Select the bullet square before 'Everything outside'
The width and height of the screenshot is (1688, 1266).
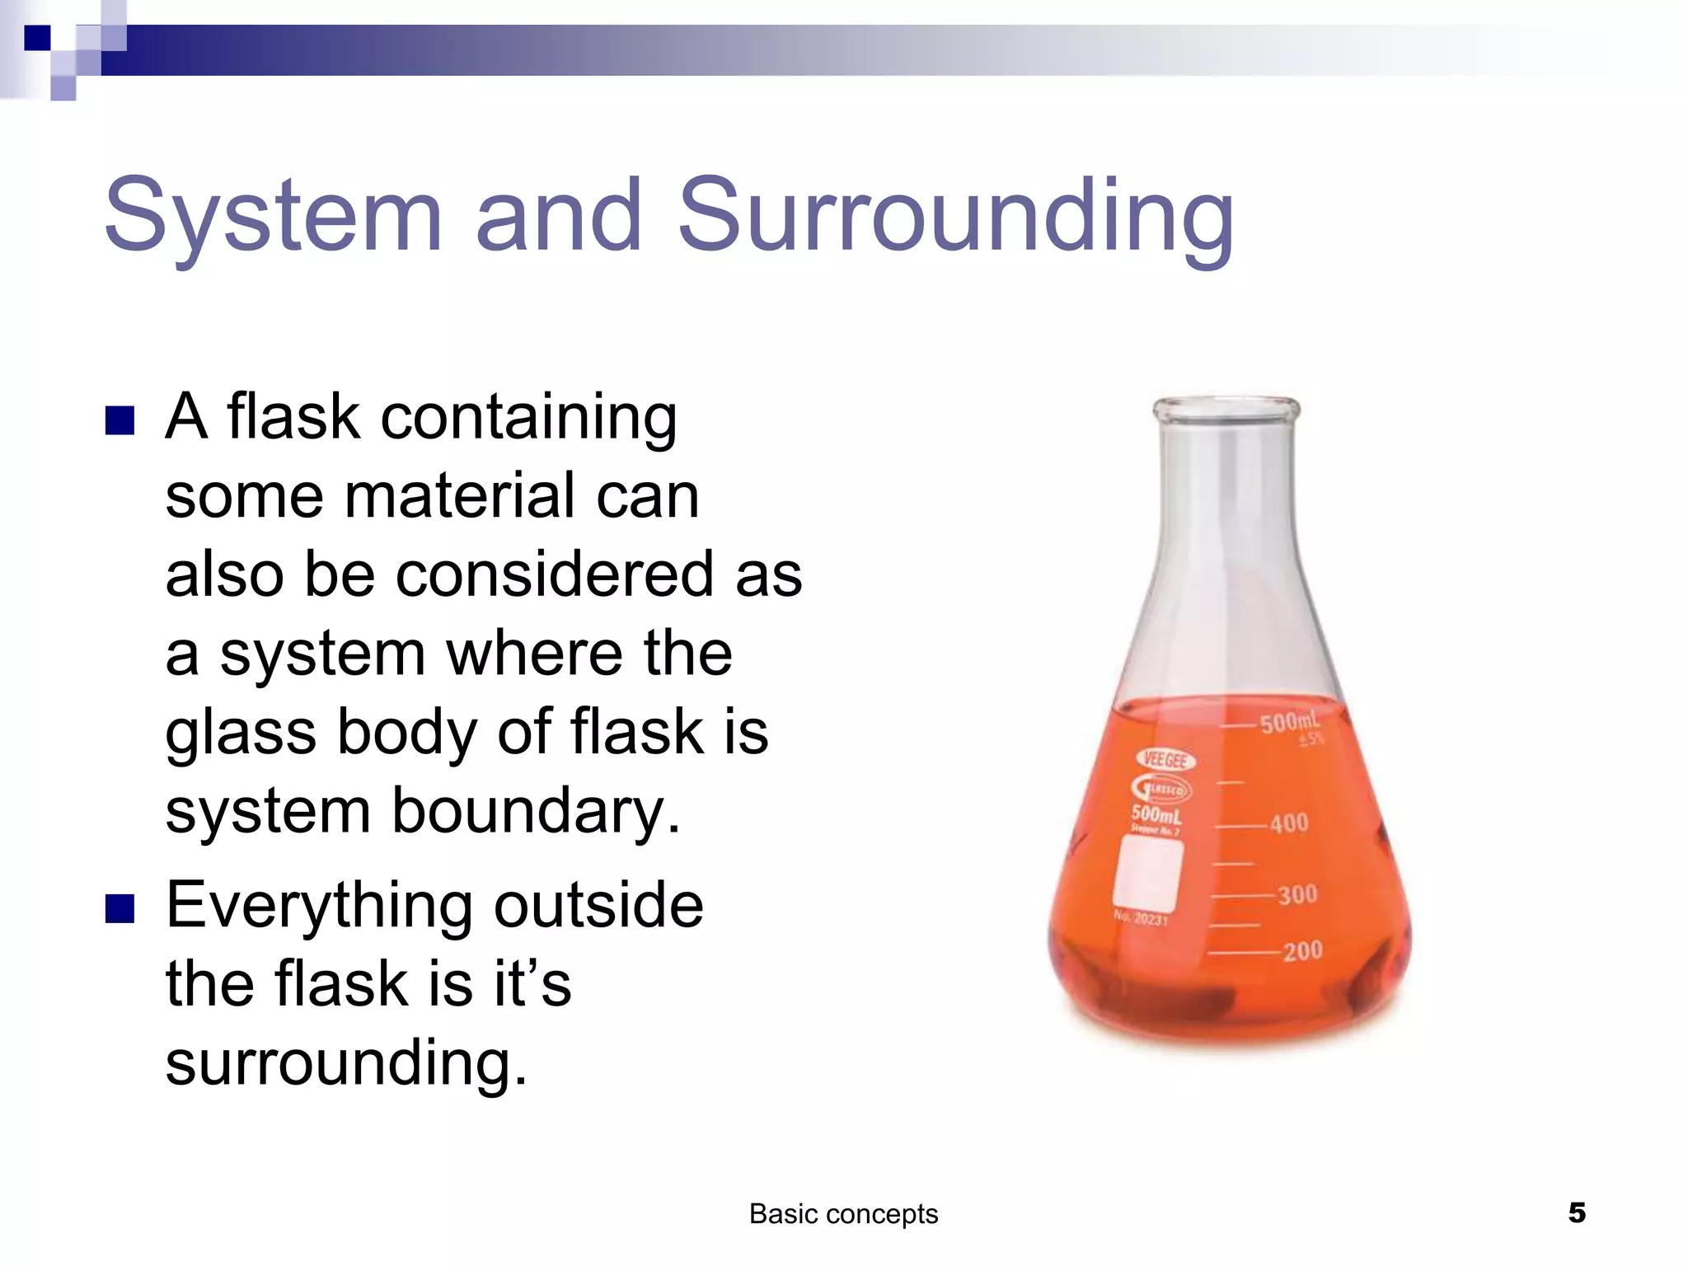click(120, 908)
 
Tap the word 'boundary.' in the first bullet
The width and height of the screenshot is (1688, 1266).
click(536, 811)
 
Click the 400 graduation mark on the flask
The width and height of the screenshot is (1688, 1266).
click(1288, 823)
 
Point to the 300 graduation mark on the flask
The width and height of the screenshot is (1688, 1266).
click(1296, 894)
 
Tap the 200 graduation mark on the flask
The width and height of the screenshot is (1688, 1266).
click(1302, 951)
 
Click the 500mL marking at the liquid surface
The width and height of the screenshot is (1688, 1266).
click(1289, 723)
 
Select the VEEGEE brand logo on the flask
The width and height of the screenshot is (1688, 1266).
click(1165, 759)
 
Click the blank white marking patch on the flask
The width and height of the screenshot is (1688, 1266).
click(1147, 872)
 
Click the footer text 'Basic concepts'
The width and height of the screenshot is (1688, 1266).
click(843, 1214)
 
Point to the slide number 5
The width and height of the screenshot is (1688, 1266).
click(1577, 1212)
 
